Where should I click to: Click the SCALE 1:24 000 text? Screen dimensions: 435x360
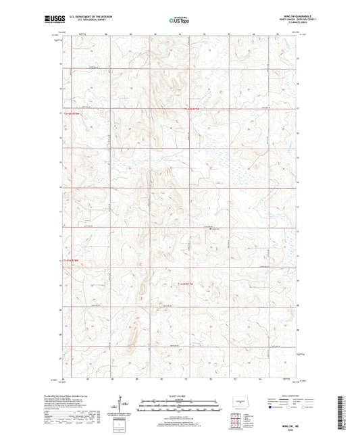(x=180, y=394)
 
